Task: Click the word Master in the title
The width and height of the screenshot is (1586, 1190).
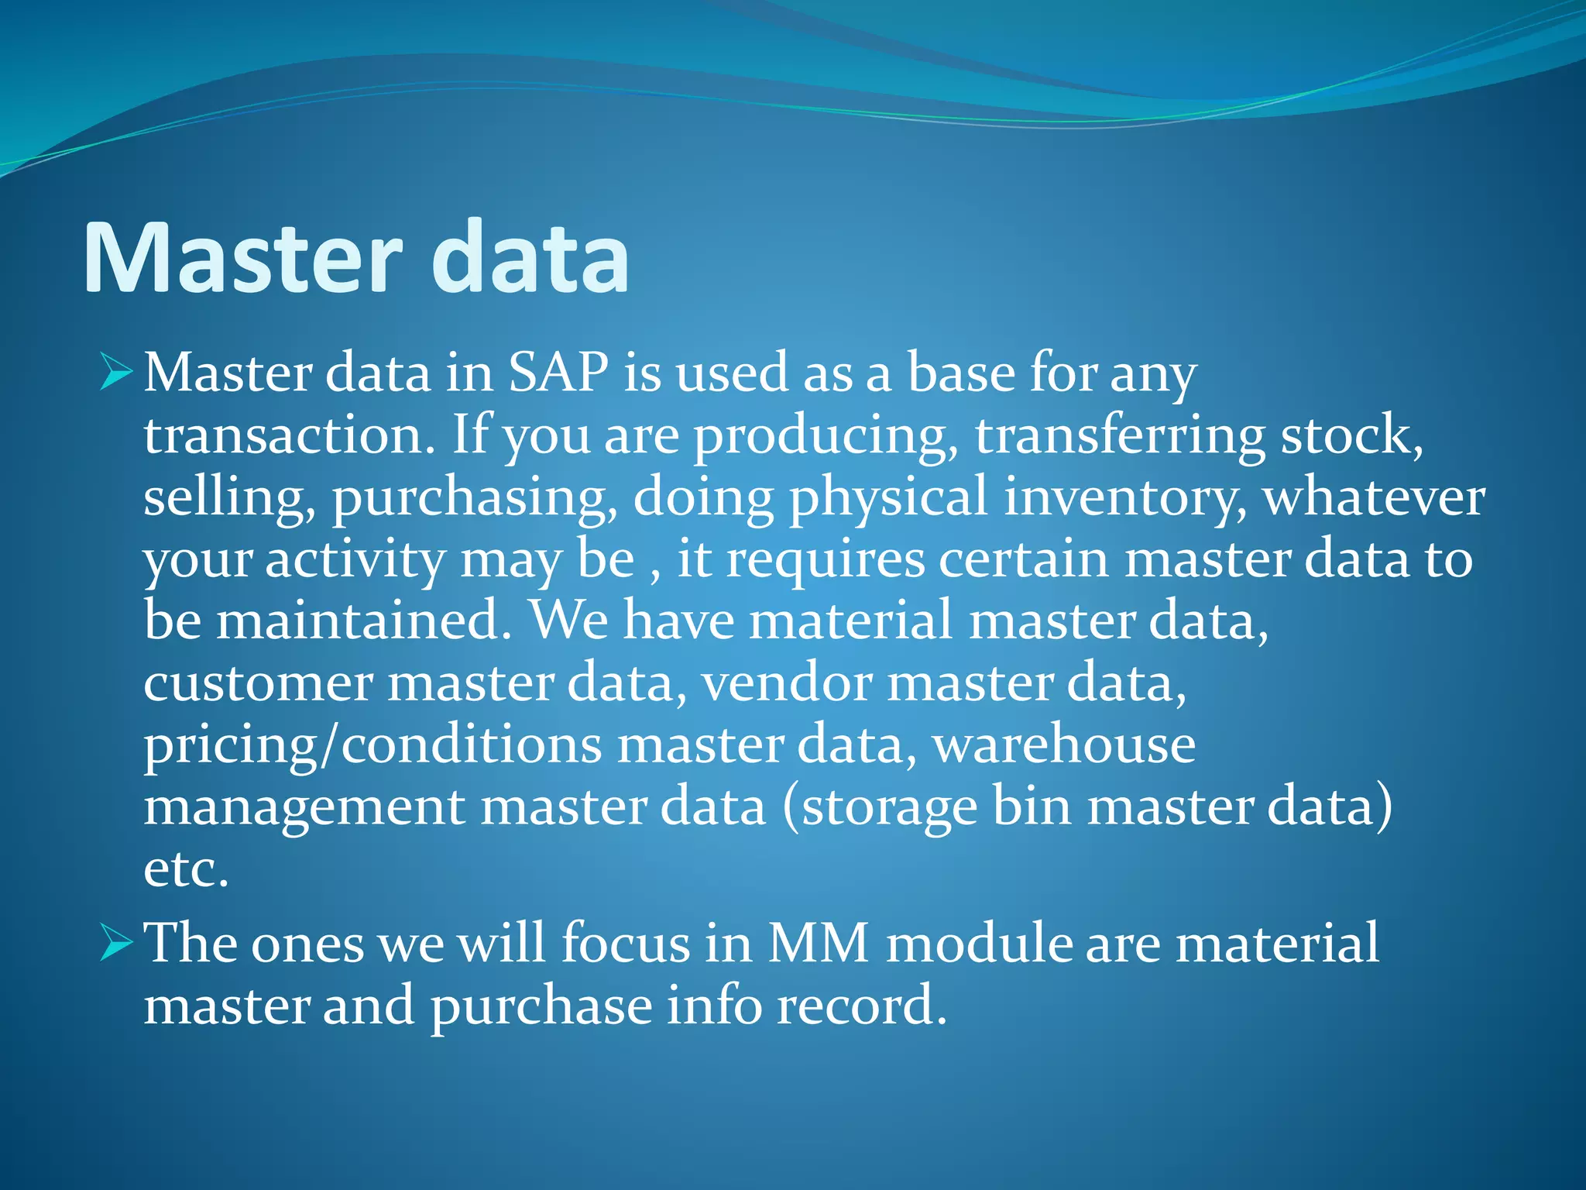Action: tap(242, 258)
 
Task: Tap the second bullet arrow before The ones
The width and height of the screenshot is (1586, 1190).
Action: tap(116, 944)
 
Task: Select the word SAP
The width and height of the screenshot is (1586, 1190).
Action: tap(558, 373)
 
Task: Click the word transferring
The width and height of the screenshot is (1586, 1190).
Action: tap(1119, 435)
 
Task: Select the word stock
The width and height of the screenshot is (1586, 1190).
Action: tap(1351, 435)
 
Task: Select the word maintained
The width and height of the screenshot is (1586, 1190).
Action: tap(364, 621)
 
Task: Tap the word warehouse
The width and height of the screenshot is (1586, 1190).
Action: tap(1063, 745)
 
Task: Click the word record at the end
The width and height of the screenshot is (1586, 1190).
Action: tap(861, 1006)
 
